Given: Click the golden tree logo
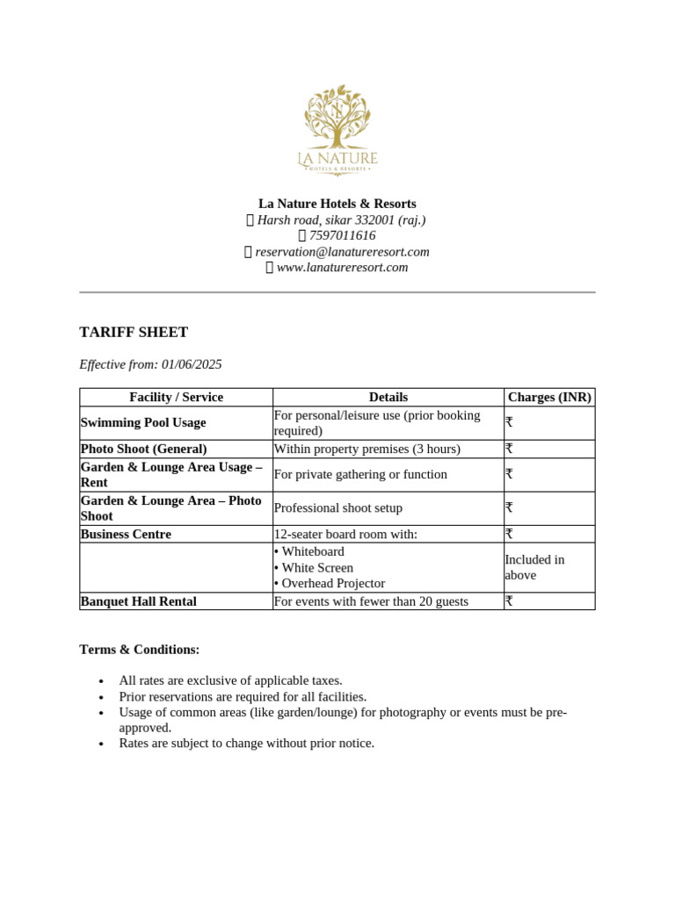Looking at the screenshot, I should pos(337,119).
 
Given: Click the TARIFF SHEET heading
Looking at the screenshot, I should pos(134,332).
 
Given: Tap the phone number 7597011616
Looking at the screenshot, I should pos(342,235).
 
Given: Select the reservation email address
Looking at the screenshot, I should pos(342,251).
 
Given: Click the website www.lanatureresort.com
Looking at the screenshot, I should pos(342,267).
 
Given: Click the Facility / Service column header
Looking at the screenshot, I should pos(176,397).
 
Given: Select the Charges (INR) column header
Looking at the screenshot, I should pos(549,397).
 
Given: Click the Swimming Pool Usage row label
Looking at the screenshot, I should pos(143,422).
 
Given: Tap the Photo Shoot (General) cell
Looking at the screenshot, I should pos(143,449).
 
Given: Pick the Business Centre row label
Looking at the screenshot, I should pos(126,534).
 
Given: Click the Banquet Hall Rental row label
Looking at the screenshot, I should pos(138,601).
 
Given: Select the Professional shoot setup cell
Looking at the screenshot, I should pos(350,507).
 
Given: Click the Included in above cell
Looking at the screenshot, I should pos(534,567).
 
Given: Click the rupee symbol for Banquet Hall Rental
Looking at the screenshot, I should pos(509,601).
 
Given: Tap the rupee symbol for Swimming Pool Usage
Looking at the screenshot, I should pos(509,422).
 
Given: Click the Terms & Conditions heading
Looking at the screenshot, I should pos(140,650).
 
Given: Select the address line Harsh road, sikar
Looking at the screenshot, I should pos(341,219).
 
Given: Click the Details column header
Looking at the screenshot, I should pos(388,397).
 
